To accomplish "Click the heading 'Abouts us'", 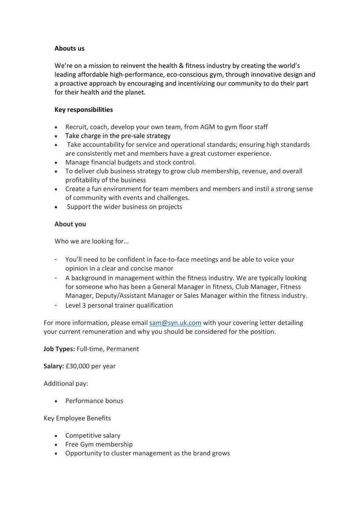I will tap(69, 48).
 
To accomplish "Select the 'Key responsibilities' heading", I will tap(84, 109).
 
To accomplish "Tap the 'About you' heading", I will tap(70, 224).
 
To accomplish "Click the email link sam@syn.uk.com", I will tap(175, 323).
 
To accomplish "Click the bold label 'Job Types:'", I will tap(59, 349).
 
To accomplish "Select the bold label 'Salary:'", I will tap(53, 366).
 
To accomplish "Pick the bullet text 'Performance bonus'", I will tap(94, 401).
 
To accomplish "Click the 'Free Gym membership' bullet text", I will tap(99, 444).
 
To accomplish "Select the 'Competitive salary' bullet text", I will tap(93, 436).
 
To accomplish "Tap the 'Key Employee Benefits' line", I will tap(77, 418).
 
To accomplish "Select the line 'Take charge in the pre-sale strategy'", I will tap(118, 136).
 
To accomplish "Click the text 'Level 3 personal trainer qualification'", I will tap(119, 305).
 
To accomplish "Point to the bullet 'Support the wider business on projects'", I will tap(124, 207).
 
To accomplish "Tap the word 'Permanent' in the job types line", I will tap(123, 349).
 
